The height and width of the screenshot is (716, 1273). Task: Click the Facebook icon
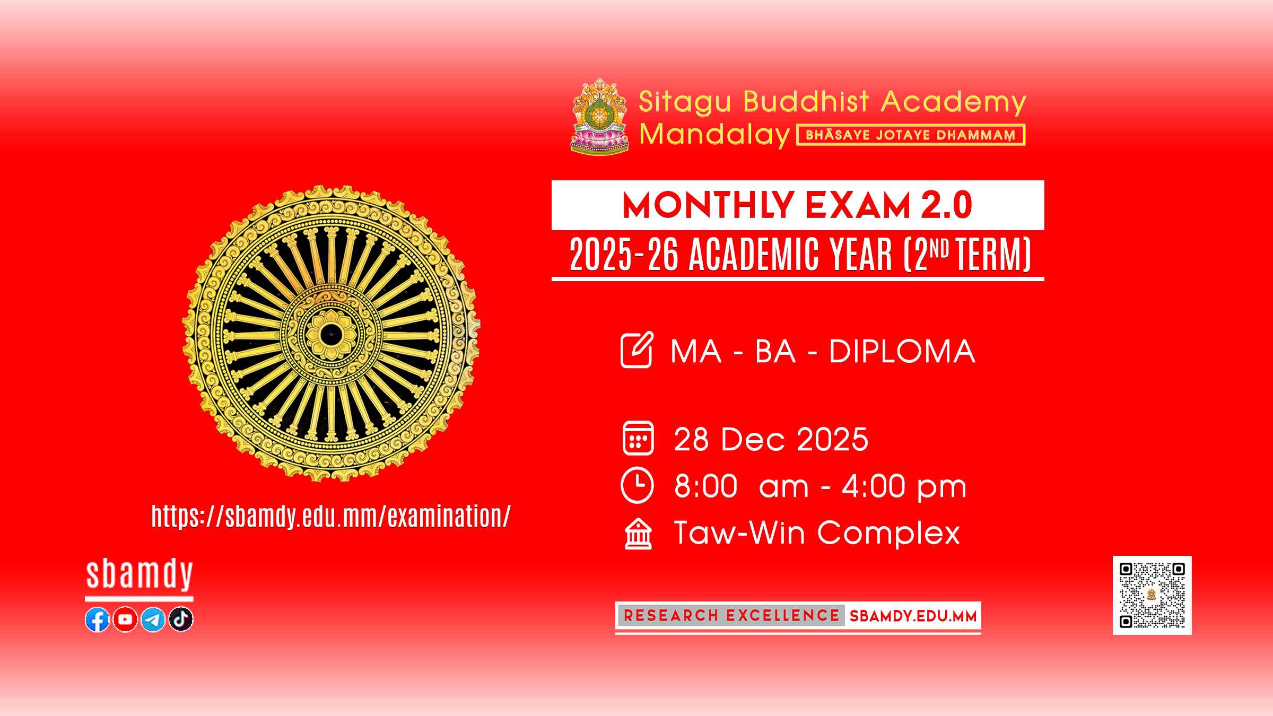[97, 619]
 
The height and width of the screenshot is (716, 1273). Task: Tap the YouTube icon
[125, 619]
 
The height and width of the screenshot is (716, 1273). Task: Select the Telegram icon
[153, 619]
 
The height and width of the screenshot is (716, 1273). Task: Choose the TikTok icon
[181, 619]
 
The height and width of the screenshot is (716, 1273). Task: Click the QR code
[1152, 595]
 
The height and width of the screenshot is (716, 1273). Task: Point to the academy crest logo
[600, 117]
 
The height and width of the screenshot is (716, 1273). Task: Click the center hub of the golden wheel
[332, 334]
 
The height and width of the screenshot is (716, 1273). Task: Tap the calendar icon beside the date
[638, 438]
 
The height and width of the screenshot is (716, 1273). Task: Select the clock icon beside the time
[637, 485]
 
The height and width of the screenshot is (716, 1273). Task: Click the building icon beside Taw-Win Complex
[638, 534]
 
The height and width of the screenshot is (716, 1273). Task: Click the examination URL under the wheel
[331, 516]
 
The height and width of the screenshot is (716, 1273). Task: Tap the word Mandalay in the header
[714, 135]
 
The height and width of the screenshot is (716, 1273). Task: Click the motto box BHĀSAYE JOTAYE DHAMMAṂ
[911, 135]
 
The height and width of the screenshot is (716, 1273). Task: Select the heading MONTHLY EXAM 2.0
[797, 206]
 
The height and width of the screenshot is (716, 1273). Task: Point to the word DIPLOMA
[902, 351]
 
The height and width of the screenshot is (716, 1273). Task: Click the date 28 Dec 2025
[771, 439]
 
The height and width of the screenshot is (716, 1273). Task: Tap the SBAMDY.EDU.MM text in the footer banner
[913, 616]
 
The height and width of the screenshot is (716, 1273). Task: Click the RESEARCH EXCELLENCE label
[731, 616]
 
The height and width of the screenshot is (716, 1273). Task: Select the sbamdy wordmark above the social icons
[139, 575]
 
